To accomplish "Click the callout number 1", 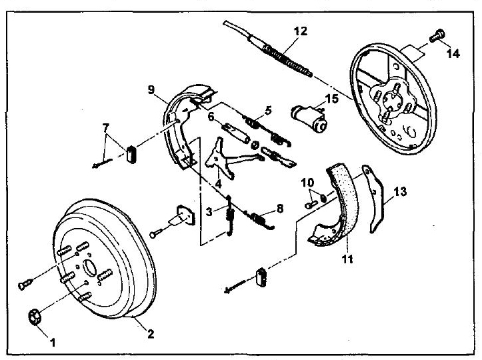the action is tap(53, 342).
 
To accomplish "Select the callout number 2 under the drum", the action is tap(150, 334).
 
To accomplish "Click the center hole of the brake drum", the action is tap(90, 268).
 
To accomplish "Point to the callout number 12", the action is tap(300, 31).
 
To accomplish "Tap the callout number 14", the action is tap(453, 54).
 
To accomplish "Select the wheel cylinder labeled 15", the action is tap(309, 119).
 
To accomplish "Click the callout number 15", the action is tap(331, 99).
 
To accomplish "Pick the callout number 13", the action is tap(400, 191).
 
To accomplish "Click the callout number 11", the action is tap(347, 259).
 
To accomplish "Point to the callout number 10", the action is tap(307, 183).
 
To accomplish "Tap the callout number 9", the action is tap(151, 90).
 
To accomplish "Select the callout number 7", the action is tap(105, 127).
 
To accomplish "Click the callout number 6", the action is tap(211, 117).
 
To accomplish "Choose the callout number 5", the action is tap(268, 110).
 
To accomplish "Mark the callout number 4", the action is tap(218, 184).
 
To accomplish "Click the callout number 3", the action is tap(209, 211).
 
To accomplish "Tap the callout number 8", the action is tap(280, 209).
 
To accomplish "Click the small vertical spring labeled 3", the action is tap(229, 215).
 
